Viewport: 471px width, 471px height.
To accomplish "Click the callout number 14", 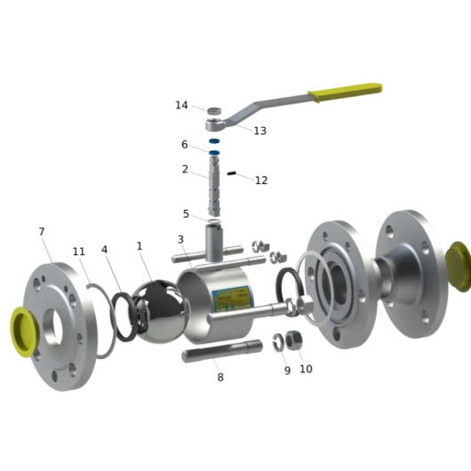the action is click(181, 105).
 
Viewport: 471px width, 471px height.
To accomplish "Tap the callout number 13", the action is click(259, 131).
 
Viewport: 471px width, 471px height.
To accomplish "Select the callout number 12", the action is click(261, 180).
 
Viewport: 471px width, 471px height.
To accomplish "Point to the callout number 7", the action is click(42, 232).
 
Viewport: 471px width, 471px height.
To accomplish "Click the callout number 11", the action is click(79, 251).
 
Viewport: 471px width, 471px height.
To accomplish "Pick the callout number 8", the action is click(220, 378).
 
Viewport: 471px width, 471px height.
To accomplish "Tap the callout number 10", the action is click(306, 369).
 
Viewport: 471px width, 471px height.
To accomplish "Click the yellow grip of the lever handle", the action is click(346, 92).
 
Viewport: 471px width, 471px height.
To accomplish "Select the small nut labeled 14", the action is click(214, 110).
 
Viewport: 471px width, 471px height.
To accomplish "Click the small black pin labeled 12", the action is click(231, 173).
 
